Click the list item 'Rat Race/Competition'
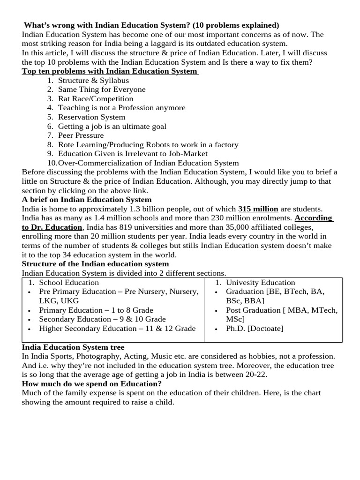pyautogui.click(x=96, y=99)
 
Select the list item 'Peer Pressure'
pyautogui.click(x=81, y=135)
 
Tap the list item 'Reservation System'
pyautogui.click(x=91, y=117)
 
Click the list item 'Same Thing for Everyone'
pyautogui.click(x=102, y=90)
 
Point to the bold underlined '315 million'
pyautogui.click(x=258, y=209)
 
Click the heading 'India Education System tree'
pyautogui.click(x=73, y=347)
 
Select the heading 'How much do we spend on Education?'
pyautogui.click(x=92, y=384)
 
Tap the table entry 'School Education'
pyautogui.click(x=69, y=283)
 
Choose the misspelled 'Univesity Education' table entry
pyautogui.click(x=260, y=283)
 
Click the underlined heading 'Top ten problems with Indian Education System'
pyautogui.click(x=110, y=71)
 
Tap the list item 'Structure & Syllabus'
pyautogui.click(x=93, y=81)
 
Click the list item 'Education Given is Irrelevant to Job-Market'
pyautogui.click(x=133, y=154)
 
